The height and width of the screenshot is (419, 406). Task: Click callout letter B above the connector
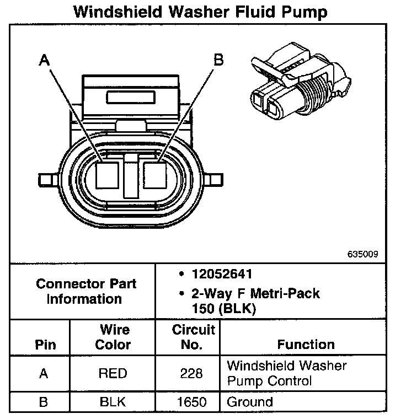[x=218, y=59]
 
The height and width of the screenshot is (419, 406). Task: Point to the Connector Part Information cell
[x=86, y=291]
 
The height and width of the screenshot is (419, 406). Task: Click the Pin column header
[x=45, y=345]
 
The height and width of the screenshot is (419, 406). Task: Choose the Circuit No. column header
[x=193, y=337]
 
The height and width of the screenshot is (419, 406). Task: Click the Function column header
[x=306, y=345]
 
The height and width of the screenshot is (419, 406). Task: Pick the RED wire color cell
[x=113, y=373]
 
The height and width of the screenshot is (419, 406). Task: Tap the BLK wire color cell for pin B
[x=113, y=402]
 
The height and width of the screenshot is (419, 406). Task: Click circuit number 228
[x=191, y=373]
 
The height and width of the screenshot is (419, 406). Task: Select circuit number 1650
[x=191, y=402]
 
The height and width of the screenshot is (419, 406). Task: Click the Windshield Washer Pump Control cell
[x=286, y=373]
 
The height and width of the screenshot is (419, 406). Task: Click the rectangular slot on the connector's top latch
[x=130, y=98]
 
